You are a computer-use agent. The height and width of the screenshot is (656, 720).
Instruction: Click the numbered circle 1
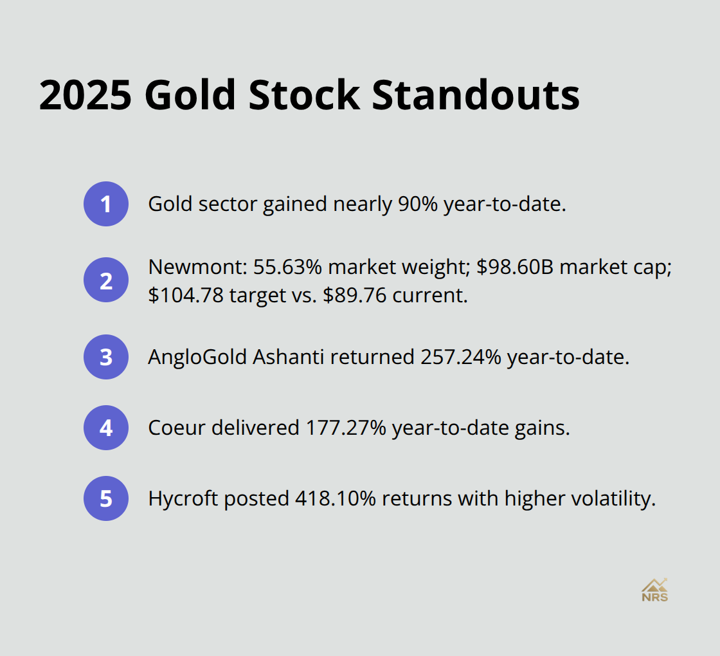tap(106, 204)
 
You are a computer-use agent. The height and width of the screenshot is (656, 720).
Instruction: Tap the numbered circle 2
tap(106, 280)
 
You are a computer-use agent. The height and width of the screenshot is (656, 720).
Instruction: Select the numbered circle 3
tap(106, 357)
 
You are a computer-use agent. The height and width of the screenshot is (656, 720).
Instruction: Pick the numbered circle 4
tap(106, 428)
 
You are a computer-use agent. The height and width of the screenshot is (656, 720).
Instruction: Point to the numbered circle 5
tap(106, 498)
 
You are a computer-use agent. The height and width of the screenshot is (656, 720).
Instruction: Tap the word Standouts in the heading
tap(476, 96)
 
